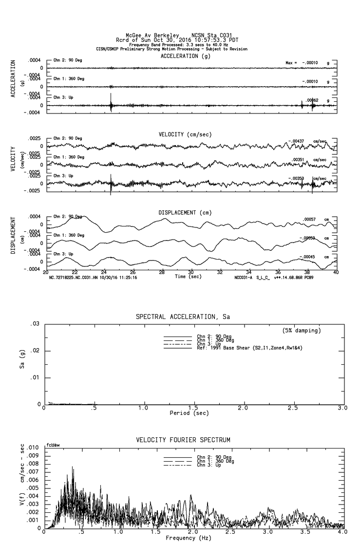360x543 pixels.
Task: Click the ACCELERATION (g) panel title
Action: pyautogui.click(x=186, y=56)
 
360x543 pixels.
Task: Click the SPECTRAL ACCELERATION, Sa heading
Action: pyautogui.click(x=183, y=317)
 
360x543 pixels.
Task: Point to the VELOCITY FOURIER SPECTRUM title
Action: pyautogui.click(x=183, y=440)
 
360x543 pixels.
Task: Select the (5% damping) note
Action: pyautogui.click(x=302, y=331)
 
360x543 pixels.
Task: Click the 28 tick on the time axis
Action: pyautogui.click(x=162, y=272)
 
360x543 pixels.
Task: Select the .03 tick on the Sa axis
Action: pyautogui.click(x=35, y=324)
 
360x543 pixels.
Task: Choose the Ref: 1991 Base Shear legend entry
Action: pyautogui.click(x=235, y=348)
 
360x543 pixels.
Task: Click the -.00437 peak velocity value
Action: pyautogui.click(x=297, y=141)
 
